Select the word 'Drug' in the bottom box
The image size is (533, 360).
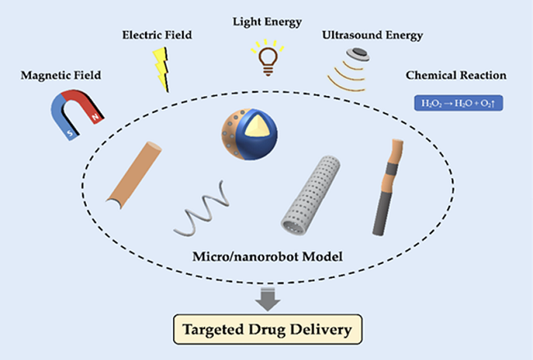[x=270, y=332]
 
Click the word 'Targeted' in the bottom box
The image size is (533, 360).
[x=212, y=332]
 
